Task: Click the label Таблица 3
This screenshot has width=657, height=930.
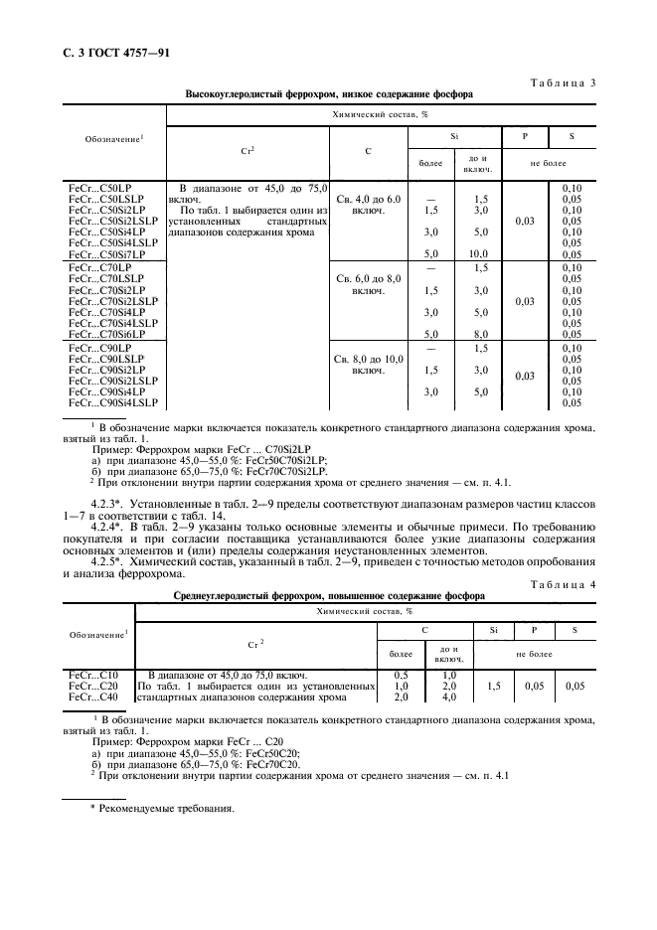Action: (561, 83)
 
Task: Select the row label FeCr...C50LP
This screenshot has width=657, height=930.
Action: (97, 188)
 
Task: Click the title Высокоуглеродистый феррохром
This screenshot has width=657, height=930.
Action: (328, 95)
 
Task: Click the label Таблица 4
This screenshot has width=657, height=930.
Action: (561, 584)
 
